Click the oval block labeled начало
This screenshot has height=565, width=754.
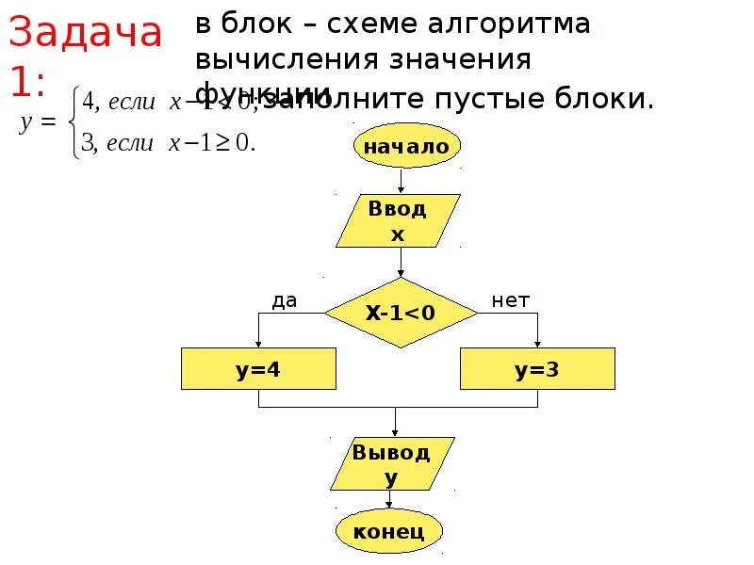pyautogui.click(x=407, y=146)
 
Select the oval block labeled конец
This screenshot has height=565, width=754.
pyautogui.click(x=388, y=531)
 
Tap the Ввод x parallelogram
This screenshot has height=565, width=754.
pyautogui.click(x=398, y=220)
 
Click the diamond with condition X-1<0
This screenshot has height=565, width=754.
pyautogui.click(x=401, y=313)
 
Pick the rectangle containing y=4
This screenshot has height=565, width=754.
pyautogui.click(x=258, y=369)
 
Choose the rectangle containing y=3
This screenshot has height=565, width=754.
pyautogui.click(x=537, y=369)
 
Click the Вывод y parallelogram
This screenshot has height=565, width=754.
pyautogui.click(x=391, y=464)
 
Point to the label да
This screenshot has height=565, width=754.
pyautogui.click(x=285, y=300)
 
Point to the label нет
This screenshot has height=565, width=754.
pyautogui.click(x=511, y=300)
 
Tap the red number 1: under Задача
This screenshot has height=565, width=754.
pyautogui.click(x=27, y=81)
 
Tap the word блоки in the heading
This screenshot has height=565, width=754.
pyautogui.click(x=612, y=98)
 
